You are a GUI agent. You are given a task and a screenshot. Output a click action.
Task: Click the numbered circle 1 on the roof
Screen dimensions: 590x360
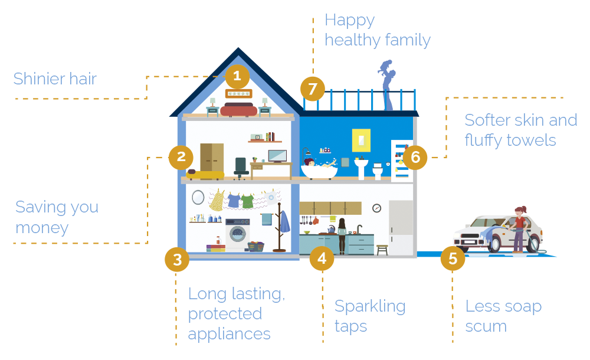[237, 77]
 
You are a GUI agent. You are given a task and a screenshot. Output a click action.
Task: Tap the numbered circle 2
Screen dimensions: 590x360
[181, 157]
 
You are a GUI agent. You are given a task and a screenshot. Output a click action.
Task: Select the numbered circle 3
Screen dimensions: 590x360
[177, 259]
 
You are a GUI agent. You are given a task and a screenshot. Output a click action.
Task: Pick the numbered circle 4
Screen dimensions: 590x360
[322, 258]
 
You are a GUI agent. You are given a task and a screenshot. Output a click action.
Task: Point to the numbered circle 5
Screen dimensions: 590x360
[453, 258]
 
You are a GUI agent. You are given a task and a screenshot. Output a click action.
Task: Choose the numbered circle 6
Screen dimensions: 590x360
[415, 158]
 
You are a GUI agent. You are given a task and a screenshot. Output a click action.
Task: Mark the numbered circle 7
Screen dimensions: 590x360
[312, 89]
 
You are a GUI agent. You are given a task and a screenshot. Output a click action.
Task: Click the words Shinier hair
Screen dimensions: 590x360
[55, 78]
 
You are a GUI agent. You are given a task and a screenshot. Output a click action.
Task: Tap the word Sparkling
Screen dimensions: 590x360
[370, 306]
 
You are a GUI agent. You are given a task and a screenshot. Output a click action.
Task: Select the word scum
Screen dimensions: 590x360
[486, 326]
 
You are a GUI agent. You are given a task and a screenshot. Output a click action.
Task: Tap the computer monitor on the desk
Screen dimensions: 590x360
[277, 156]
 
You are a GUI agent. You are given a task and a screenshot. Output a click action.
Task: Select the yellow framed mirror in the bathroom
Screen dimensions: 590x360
[361, 140]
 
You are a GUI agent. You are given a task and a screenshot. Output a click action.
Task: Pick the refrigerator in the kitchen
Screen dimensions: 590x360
[401, 228]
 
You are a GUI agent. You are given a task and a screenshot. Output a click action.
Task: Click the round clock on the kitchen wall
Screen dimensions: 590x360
[376, 208]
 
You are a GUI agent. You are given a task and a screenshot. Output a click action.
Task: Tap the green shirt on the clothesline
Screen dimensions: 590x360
[247, 201]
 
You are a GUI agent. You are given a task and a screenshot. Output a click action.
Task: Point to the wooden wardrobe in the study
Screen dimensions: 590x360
[212, 158]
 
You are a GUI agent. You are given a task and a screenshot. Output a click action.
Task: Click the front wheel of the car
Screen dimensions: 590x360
[494, 244]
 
